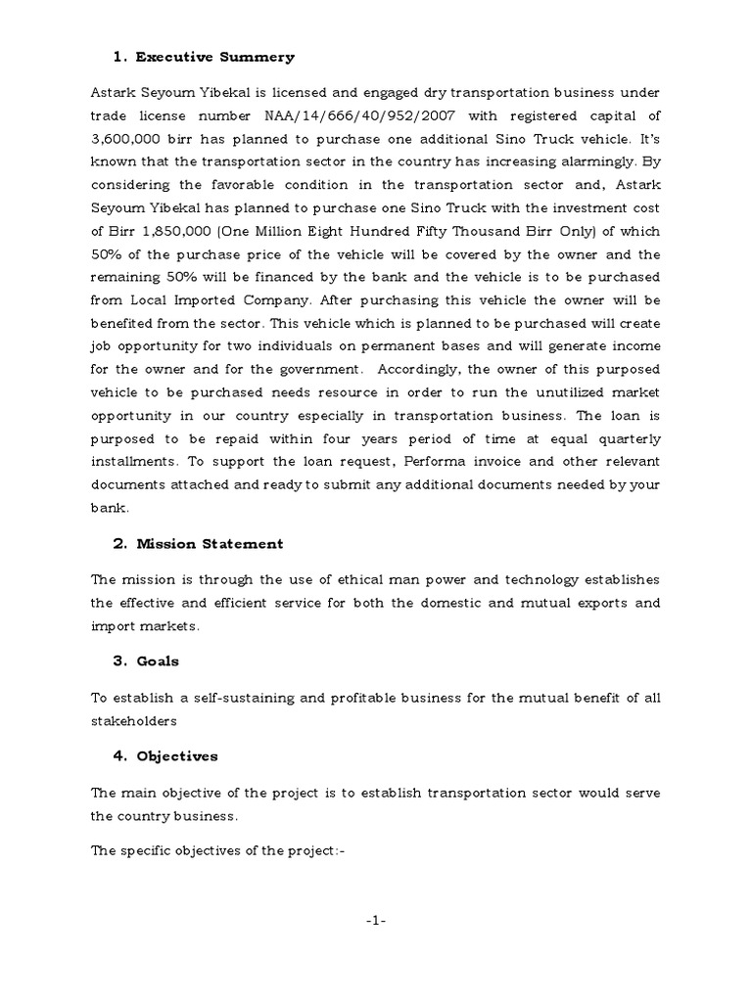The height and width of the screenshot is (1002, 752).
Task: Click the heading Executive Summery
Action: click(x=214, y=58)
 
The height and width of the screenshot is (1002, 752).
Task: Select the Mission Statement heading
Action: click(x=210, y=544)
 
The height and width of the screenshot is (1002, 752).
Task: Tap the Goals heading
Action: click(x=158, y=660)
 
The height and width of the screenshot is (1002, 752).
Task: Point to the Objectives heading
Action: click(x=177, y=756)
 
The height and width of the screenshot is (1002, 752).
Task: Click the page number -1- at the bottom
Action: click(x=376, y=921)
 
